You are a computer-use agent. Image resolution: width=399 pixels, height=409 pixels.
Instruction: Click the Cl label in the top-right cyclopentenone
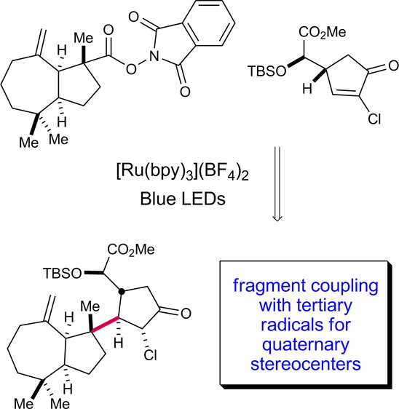point(374,119)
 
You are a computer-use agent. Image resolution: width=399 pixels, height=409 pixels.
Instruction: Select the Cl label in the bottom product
point(150,354)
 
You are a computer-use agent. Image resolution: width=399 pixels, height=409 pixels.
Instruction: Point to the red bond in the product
point(105,325)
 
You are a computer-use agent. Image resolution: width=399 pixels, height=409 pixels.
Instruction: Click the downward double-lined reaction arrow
point(277,184)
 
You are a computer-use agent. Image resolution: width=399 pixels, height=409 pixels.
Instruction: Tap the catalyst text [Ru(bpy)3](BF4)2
point(183,172)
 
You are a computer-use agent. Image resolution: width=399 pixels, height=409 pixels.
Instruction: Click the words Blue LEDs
point(183,199)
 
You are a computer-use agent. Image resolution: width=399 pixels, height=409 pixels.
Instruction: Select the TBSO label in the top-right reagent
point(266,71)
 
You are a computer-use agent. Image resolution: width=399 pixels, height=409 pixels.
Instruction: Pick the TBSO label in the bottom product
point(63,274)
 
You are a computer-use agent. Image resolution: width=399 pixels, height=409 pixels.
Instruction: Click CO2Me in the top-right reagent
point(322,32)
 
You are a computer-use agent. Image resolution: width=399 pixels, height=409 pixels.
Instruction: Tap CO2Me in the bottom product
point(131,250)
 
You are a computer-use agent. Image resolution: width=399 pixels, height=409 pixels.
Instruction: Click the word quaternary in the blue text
point(306,344)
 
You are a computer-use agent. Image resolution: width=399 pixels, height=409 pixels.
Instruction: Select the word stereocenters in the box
point(306,364)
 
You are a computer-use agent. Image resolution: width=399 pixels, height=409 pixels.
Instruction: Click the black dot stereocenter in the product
point(122,291)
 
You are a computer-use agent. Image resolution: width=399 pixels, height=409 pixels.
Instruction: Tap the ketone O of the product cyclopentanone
point(186,313)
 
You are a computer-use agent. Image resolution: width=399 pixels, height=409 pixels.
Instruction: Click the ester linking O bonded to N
point(131,69)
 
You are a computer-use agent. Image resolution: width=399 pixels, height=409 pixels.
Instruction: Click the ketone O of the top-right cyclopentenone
point(393,65)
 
